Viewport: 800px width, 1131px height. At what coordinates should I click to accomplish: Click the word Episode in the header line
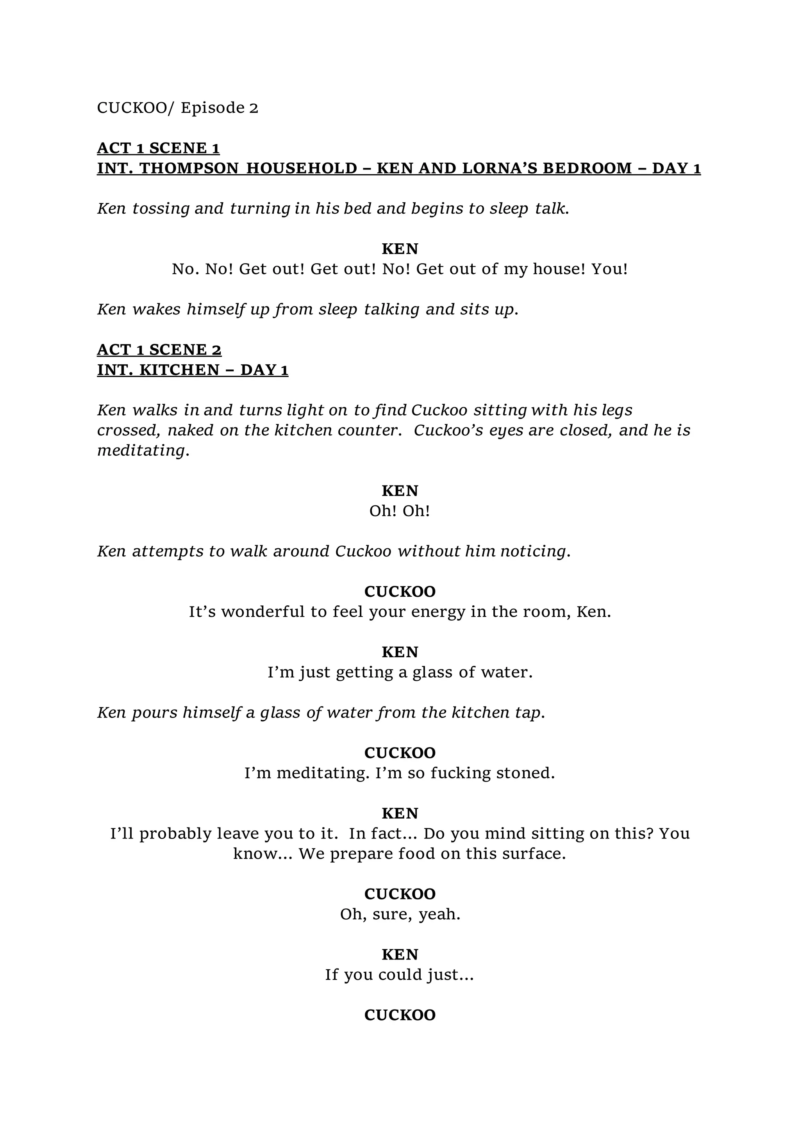[212, 108]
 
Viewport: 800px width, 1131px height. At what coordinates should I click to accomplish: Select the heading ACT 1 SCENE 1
[158, 148]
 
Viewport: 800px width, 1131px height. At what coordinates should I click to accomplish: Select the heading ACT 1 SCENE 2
[159, 350]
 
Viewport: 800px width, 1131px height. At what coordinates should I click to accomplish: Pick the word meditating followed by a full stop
[143, 451]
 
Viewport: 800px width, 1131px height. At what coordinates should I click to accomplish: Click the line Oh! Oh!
[400, 511]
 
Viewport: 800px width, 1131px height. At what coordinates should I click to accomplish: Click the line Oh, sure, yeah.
[400, 914]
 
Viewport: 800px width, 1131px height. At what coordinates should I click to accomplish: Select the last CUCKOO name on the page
[400, 1015]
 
